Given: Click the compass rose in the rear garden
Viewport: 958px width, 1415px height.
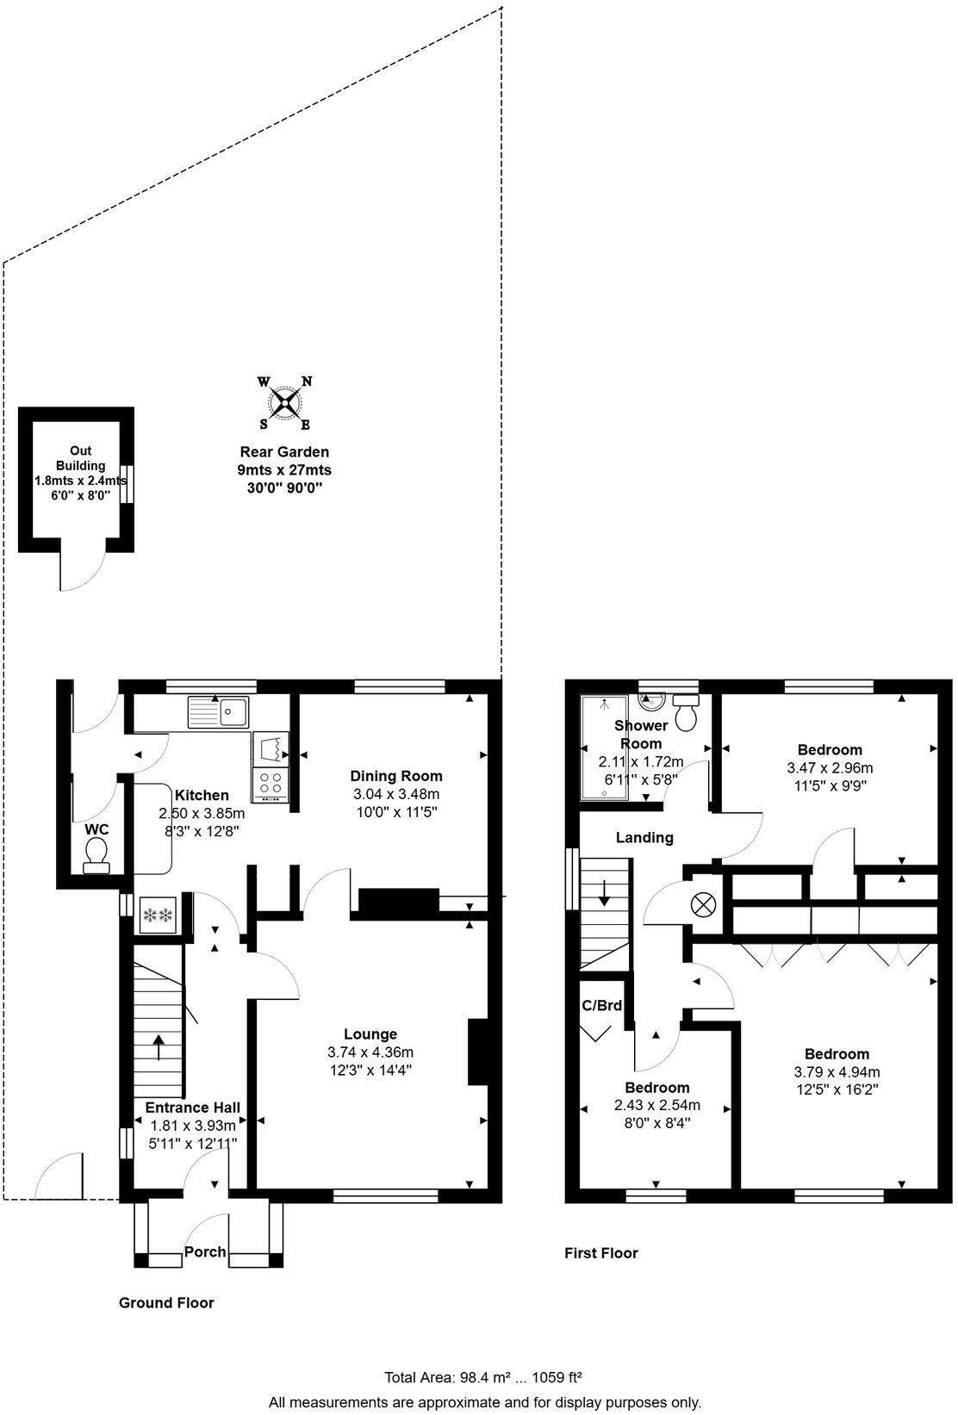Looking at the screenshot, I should [x=285, y=402].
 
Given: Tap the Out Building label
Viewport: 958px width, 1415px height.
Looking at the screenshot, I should [x=81, y=458].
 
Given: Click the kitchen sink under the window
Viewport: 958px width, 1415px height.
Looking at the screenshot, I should [x=219, y=711].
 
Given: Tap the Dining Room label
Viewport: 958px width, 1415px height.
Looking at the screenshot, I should [x=396, y=776].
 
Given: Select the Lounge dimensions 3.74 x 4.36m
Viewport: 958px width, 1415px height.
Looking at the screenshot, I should [x=370, y=1052].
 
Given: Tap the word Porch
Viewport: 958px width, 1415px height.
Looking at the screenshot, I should [x=205, y=1251].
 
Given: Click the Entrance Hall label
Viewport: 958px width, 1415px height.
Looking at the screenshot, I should [x=192, y=1108].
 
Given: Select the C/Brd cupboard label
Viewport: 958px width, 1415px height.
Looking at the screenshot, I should [x=602, y=1005].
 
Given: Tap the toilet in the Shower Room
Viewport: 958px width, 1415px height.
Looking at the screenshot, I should [x=687, y=713].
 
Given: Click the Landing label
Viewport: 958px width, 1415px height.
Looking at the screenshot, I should [x=644, y=837].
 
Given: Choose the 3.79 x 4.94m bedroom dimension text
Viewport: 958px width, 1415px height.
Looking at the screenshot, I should [x=837, y=1072].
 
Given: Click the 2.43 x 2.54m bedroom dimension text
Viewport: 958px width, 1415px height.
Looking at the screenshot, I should [x=657, y=1105].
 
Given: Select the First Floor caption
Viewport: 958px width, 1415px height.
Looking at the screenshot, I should [x=601, y=1253].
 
